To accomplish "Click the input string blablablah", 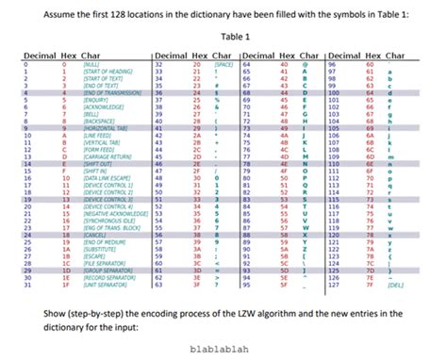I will [223, 346].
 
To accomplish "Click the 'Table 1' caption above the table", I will [223, 37].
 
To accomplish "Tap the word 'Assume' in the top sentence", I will [64, 12].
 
